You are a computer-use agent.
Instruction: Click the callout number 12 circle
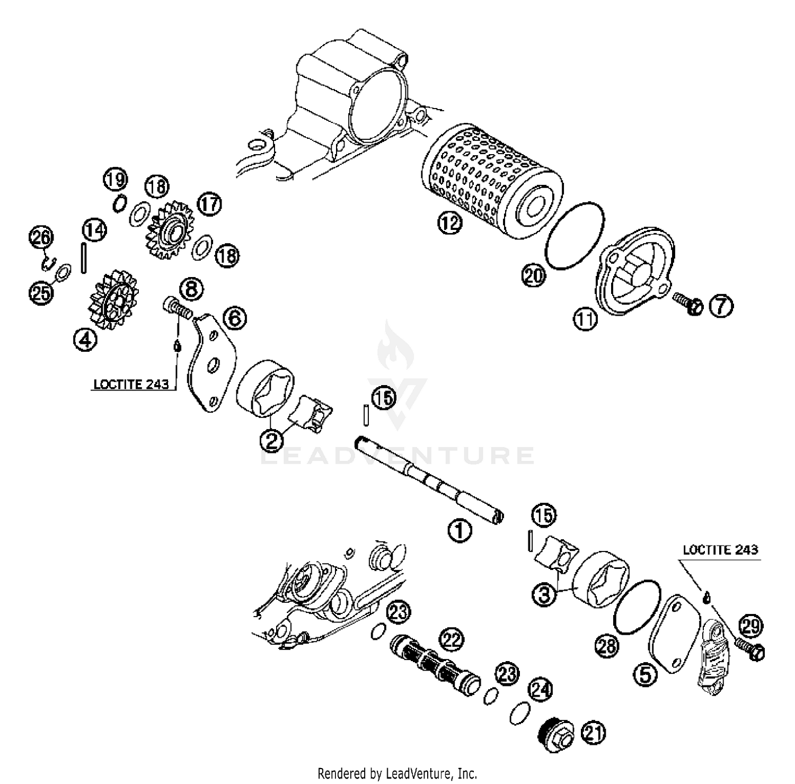[449, 224]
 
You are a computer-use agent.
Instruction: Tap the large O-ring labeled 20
[575, 235]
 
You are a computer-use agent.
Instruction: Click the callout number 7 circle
[721, 306]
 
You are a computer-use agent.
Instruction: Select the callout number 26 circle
[41, 238]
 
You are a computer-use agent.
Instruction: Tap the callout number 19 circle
[115, 179]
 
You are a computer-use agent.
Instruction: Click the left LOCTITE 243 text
[131, 384]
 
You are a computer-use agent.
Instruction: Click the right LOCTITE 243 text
[720, 550]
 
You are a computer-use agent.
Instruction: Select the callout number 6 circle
[234, 318]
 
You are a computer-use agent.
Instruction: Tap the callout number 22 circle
[451, 639]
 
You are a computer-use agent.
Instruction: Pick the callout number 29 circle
[750, 626]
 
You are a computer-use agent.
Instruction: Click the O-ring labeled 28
[637, 607]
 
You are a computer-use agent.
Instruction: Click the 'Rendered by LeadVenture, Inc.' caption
[397, 773]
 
